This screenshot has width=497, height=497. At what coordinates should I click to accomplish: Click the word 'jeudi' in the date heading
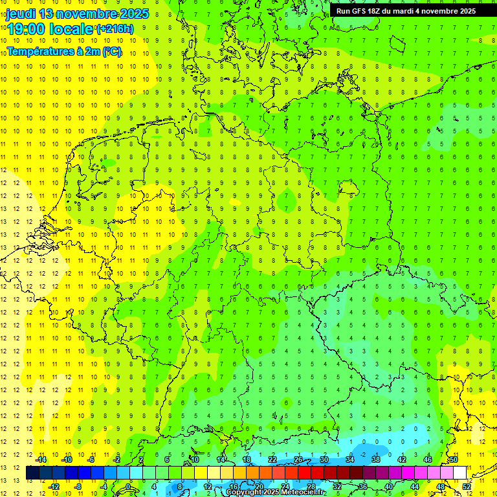(21, 13)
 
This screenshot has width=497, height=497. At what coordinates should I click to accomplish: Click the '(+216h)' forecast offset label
(115, 28)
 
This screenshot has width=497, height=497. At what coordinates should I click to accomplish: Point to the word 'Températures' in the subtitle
(39, 50)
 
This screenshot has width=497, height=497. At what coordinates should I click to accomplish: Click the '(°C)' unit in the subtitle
(112, 50)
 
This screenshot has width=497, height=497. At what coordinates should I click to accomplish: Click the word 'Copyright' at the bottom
(243, 492)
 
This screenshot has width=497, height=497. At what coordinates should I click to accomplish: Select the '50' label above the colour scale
(454, 459)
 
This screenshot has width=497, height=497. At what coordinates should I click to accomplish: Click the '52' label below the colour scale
(467, 486)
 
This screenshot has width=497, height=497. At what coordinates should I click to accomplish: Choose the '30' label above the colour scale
(324, 459)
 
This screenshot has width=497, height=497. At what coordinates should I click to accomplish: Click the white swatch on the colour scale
(460, 472)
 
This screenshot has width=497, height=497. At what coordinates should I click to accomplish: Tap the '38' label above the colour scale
(376, 459)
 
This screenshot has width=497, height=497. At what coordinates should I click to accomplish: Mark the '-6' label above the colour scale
(91, 459)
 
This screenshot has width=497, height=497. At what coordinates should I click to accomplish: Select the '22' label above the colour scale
(272, 459)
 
